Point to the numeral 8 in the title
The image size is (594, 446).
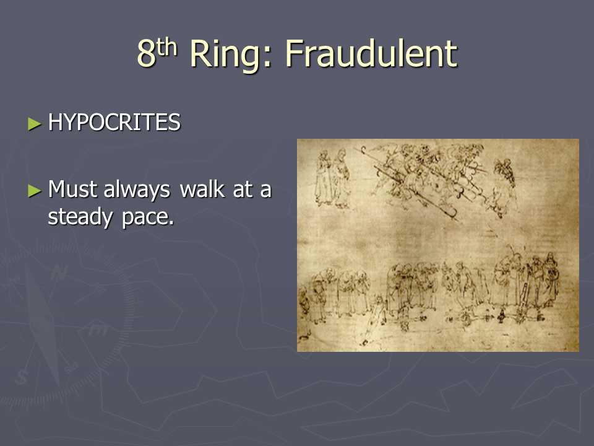[146, 54]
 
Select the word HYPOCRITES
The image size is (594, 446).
[114, 122]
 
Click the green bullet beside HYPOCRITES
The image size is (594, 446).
[35, 124]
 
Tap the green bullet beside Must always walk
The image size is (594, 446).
[35, 190]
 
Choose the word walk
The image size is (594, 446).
[202, 188]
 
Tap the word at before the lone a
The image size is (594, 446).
[243, 190]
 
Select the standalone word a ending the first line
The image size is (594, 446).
[266, 191]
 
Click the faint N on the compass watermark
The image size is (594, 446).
[59, 273]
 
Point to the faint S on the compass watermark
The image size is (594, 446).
[22, 377]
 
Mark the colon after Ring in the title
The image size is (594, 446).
[267, 59]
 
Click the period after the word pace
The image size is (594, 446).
[171, 223]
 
